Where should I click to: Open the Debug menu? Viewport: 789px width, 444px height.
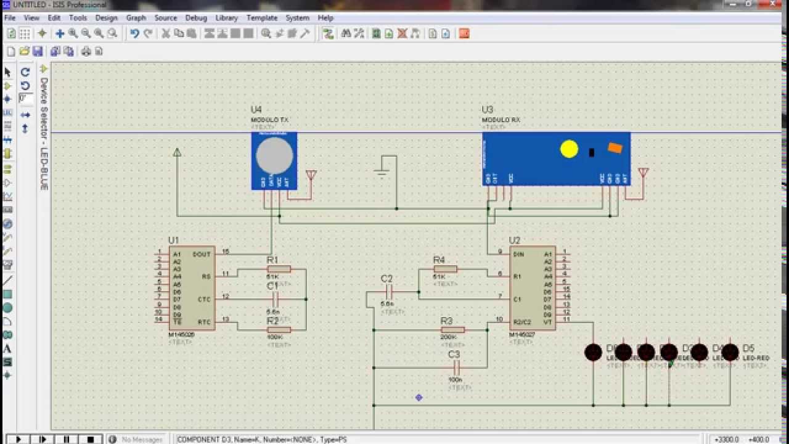(196, 18)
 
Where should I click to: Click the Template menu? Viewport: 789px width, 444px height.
(262, 18)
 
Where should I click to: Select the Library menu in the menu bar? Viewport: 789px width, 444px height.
(227, 18)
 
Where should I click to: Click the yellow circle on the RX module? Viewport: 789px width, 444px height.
(569, 149)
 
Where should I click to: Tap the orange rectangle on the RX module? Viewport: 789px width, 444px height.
(615, 147)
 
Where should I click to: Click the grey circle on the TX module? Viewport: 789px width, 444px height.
(274, 155)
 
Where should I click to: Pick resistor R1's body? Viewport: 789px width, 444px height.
(279, 269)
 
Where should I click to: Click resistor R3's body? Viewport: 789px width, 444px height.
(453, 330)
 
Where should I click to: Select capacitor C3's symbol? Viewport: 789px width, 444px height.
(455, 367)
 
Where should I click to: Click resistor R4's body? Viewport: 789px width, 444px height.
(445, 269)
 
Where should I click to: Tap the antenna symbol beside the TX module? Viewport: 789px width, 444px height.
(311, 176)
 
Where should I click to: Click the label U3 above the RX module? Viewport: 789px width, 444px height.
(488, 110)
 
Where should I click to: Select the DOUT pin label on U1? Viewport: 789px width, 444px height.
(202, 254)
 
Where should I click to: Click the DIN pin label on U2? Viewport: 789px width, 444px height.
(518, 254)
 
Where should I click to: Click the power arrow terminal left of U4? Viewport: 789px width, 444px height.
(177, 152)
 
